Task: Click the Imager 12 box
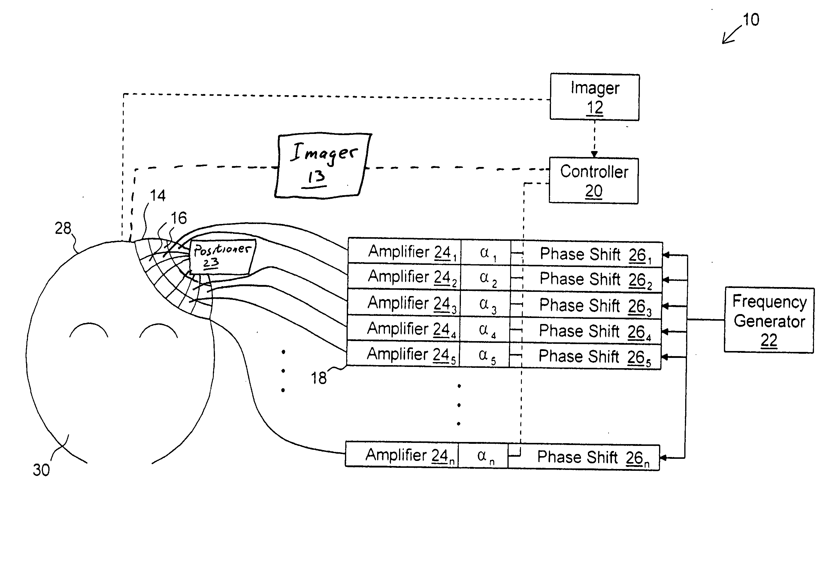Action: (x=595, y=97)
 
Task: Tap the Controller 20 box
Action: (x=594, y=181)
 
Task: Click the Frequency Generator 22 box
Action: (x=769, y=320)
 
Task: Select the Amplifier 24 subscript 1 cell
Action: (x=404, y=252)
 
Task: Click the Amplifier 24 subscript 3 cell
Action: (x=404, y=303)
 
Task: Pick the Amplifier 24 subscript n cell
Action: (x=402, y=455)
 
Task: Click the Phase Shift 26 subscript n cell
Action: (x=584, y=457)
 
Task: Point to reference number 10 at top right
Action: (x=751, y=20)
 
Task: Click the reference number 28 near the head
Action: (x=63, y=228)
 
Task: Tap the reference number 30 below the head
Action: (x=41, y=470)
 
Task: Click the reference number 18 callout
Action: (x=319, y=378)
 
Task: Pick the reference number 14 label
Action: (x=158, y=195)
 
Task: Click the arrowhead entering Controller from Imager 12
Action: (x=594, y=154)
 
